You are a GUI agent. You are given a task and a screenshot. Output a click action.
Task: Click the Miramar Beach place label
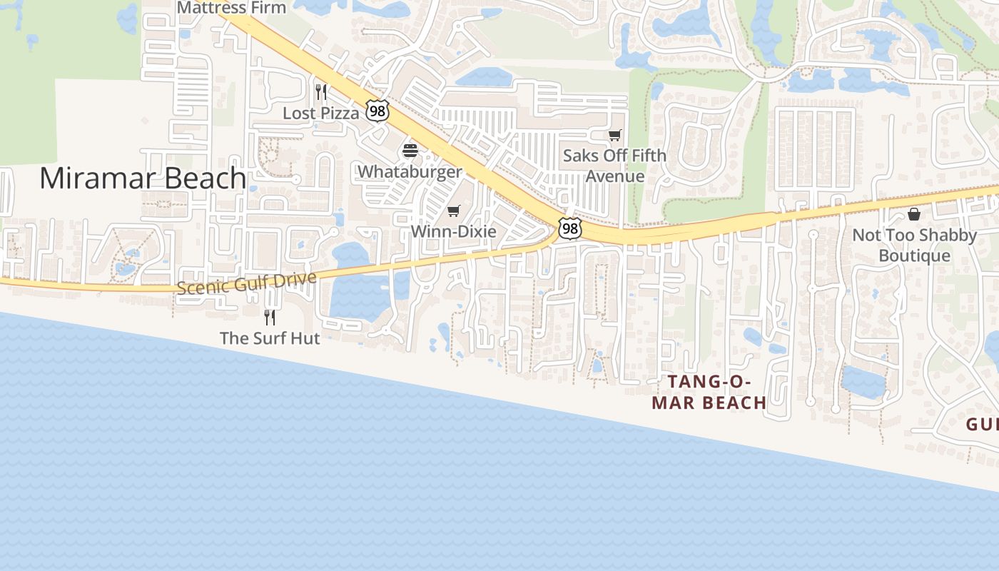[x=143, y=178]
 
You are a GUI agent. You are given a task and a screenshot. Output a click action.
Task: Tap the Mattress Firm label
[x=231, y=8]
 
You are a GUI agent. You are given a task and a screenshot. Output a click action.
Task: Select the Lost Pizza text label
[x=321, y=113]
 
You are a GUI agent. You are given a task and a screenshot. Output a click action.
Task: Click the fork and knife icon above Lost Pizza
[x=321, y=92]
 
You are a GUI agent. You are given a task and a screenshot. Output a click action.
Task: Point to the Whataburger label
[x=410, y=171]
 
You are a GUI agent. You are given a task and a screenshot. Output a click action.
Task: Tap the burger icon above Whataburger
[x=410, y=151]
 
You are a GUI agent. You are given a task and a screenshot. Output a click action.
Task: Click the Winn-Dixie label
[x=453, y=231]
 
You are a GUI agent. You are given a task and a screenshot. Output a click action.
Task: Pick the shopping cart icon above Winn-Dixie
[x=454, y=211]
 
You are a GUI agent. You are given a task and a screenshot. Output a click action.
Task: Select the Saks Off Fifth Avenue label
[x=614, y=166]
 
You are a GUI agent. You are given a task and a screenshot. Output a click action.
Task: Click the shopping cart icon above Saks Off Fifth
[x=614, y=135]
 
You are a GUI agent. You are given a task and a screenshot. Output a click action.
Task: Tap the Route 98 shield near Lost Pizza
[x=377, y=111]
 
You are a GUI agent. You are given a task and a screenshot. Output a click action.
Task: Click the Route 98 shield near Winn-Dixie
[x=569, y=228]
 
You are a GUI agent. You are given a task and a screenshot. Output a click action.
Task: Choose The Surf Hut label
[x=270, y=338]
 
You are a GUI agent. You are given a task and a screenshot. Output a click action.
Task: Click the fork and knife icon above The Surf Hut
[x=270, y=317]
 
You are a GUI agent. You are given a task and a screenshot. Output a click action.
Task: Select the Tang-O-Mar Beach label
[x=709, y=393]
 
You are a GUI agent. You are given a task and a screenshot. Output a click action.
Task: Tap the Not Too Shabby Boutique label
[x=914, y=245]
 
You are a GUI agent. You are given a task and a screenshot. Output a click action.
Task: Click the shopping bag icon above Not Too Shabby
[x=914, y=214]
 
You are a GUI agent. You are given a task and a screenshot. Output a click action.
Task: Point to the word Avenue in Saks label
[x=614, y=176]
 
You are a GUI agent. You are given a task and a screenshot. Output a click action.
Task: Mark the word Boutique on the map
[x=914, y=256]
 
